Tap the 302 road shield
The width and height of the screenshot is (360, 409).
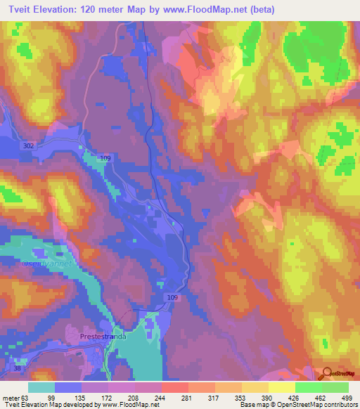(28, 145)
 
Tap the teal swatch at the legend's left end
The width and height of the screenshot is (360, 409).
(41, 387)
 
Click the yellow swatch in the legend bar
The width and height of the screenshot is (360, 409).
(281, 387)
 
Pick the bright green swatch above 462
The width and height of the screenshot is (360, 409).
(308, 387)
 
